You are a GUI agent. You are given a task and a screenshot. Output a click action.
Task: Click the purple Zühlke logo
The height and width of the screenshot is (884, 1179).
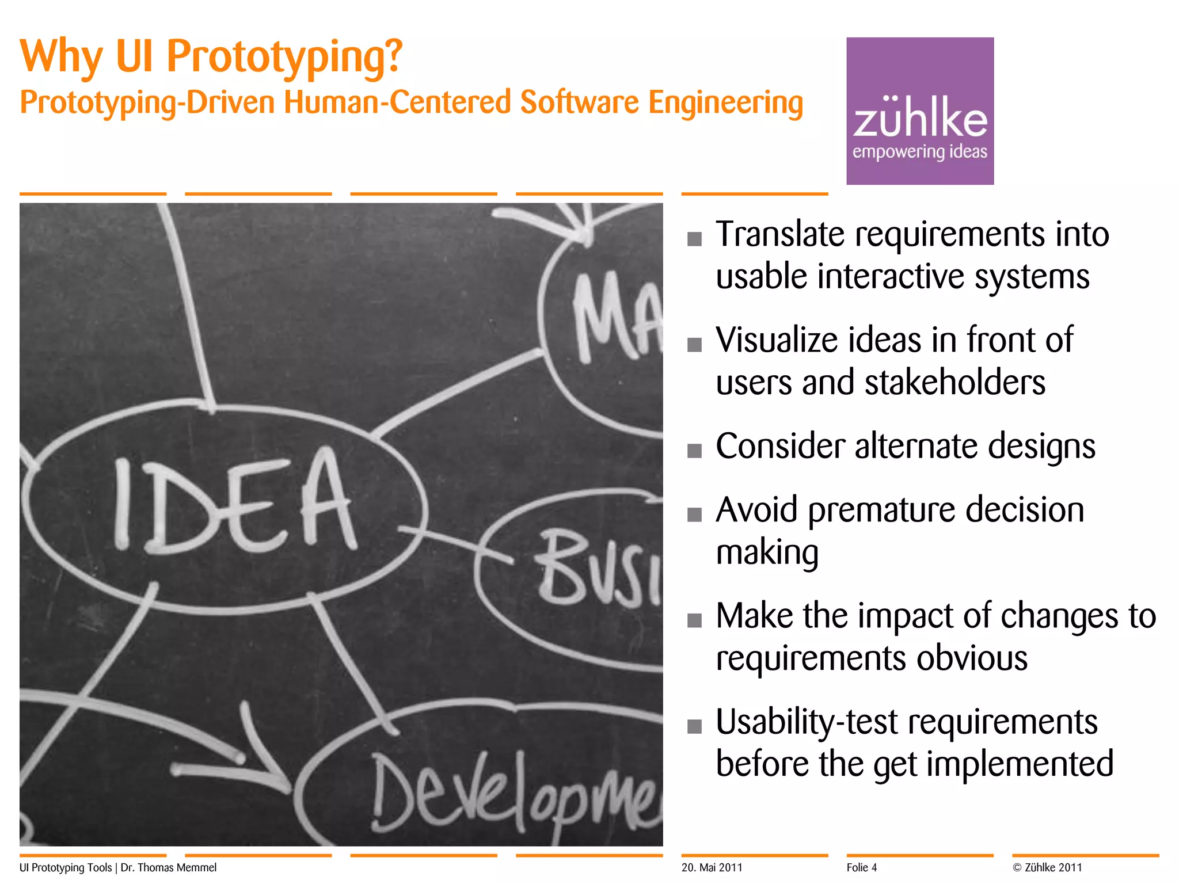click(x=919, y=111)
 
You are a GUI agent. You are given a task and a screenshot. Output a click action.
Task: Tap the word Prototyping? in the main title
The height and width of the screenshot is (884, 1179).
click(x=284, y=58)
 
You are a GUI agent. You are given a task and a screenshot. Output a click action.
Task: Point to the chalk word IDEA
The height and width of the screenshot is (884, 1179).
click(x=233, y=500)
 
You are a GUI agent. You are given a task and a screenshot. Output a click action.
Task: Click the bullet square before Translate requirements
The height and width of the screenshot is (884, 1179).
click(x=694, y=239)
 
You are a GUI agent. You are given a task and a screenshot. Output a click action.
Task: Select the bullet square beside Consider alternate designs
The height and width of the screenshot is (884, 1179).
click(x=694, y=451)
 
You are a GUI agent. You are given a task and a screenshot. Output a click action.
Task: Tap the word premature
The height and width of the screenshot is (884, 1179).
click(x=881, y=510)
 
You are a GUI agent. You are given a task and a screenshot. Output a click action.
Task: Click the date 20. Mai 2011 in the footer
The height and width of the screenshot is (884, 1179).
click(x=712, y=867)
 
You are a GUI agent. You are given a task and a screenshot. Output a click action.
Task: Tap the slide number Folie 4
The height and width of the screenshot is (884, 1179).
click(x=861, y=867)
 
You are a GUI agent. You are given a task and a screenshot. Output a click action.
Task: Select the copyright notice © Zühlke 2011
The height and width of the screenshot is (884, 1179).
click(x=1047, y=867)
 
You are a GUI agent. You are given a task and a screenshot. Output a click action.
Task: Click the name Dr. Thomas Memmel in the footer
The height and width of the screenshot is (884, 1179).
click(x=169, y=867)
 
